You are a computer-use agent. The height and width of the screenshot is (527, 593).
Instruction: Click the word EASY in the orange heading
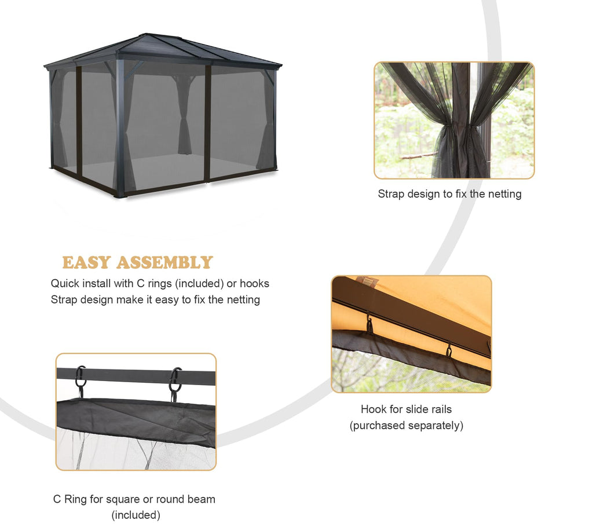[x=86, y=262]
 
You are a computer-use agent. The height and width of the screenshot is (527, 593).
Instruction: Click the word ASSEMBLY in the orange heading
[x=164, y=262]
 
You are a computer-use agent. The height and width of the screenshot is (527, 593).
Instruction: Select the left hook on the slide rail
[x=369, y=324]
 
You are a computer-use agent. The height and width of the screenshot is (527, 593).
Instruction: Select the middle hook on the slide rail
[x=449, y=350]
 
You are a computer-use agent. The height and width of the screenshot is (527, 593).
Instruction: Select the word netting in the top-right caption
[x=504, y=194]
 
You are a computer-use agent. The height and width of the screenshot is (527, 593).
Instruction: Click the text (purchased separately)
[x=407, y=426]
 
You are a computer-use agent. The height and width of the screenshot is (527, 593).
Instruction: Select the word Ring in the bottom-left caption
[x=75, y=499]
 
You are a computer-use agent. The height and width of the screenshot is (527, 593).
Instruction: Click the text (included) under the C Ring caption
[x=136, y=515]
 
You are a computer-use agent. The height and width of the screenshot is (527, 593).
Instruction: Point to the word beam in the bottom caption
[x=203, y=499]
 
